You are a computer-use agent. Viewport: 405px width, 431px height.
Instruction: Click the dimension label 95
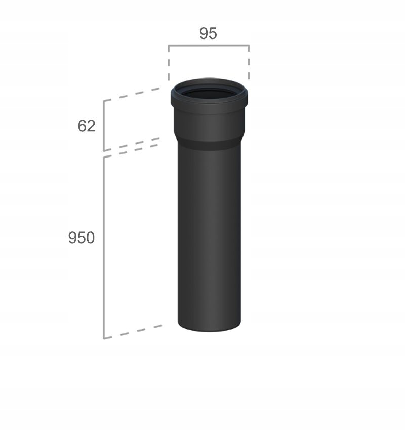[x=208, y=33]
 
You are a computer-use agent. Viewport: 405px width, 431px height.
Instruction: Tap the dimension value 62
[x=87, y=126]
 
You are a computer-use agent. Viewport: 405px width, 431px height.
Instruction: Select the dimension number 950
[x=82, y=238]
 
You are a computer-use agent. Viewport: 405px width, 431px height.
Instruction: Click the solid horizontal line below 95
[x=209, y=45]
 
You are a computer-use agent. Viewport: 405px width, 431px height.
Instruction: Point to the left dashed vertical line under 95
[x=169, y=63]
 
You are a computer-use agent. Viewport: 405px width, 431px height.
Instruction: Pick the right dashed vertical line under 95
[x=249, y=63]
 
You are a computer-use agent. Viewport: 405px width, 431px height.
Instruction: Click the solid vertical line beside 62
[x=104, y=126]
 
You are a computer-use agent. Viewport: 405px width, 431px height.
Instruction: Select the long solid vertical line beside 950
[x=104, y=248]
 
